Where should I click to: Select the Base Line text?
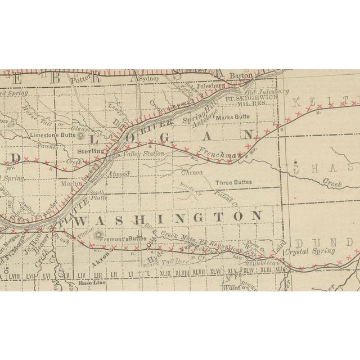(x=91, y=282)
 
